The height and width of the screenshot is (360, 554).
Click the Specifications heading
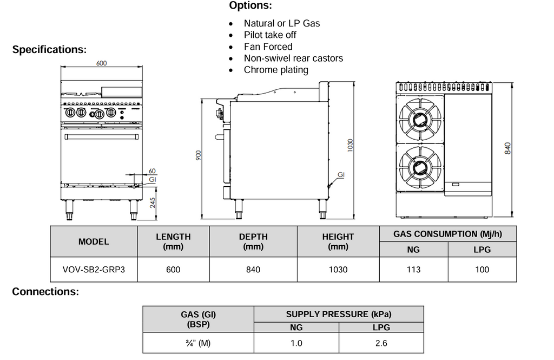49,50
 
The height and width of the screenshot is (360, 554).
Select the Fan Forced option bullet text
268,47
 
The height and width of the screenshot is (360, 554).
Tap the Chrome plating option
276,70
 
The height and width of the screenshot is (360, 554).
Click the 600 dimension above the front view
102,63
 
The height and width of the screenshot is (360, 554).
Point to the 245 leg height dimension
153,203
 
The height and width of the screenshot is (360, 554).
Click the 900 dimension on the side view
198,156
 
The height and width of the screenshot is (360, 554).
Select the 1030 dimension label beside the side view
350,145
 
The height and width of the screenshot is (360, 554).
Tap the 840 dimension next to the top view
507,147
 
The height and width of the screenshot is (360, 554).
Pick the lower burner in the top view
420,167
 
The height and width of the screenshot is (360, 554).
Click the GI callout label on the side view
341,175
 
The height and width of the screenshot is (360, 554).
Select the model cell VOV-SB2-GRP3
94,270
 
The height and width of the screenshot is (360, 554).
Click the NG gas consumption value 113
413,270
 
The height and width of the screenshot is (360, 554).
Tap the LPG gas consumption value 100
482,270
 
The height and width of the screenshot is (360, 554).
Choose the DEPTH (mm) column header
253,241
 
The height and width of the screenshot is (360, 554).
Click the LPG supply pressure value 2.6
381,343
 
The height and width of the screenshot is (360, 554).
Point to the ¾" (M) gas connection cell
198,343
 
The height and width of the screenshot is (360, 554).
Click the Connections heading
45,292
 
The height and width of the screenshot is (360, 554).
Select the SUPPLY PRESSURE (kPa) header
338,314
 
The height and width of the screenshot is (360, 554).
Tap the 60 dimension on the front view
152,171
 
